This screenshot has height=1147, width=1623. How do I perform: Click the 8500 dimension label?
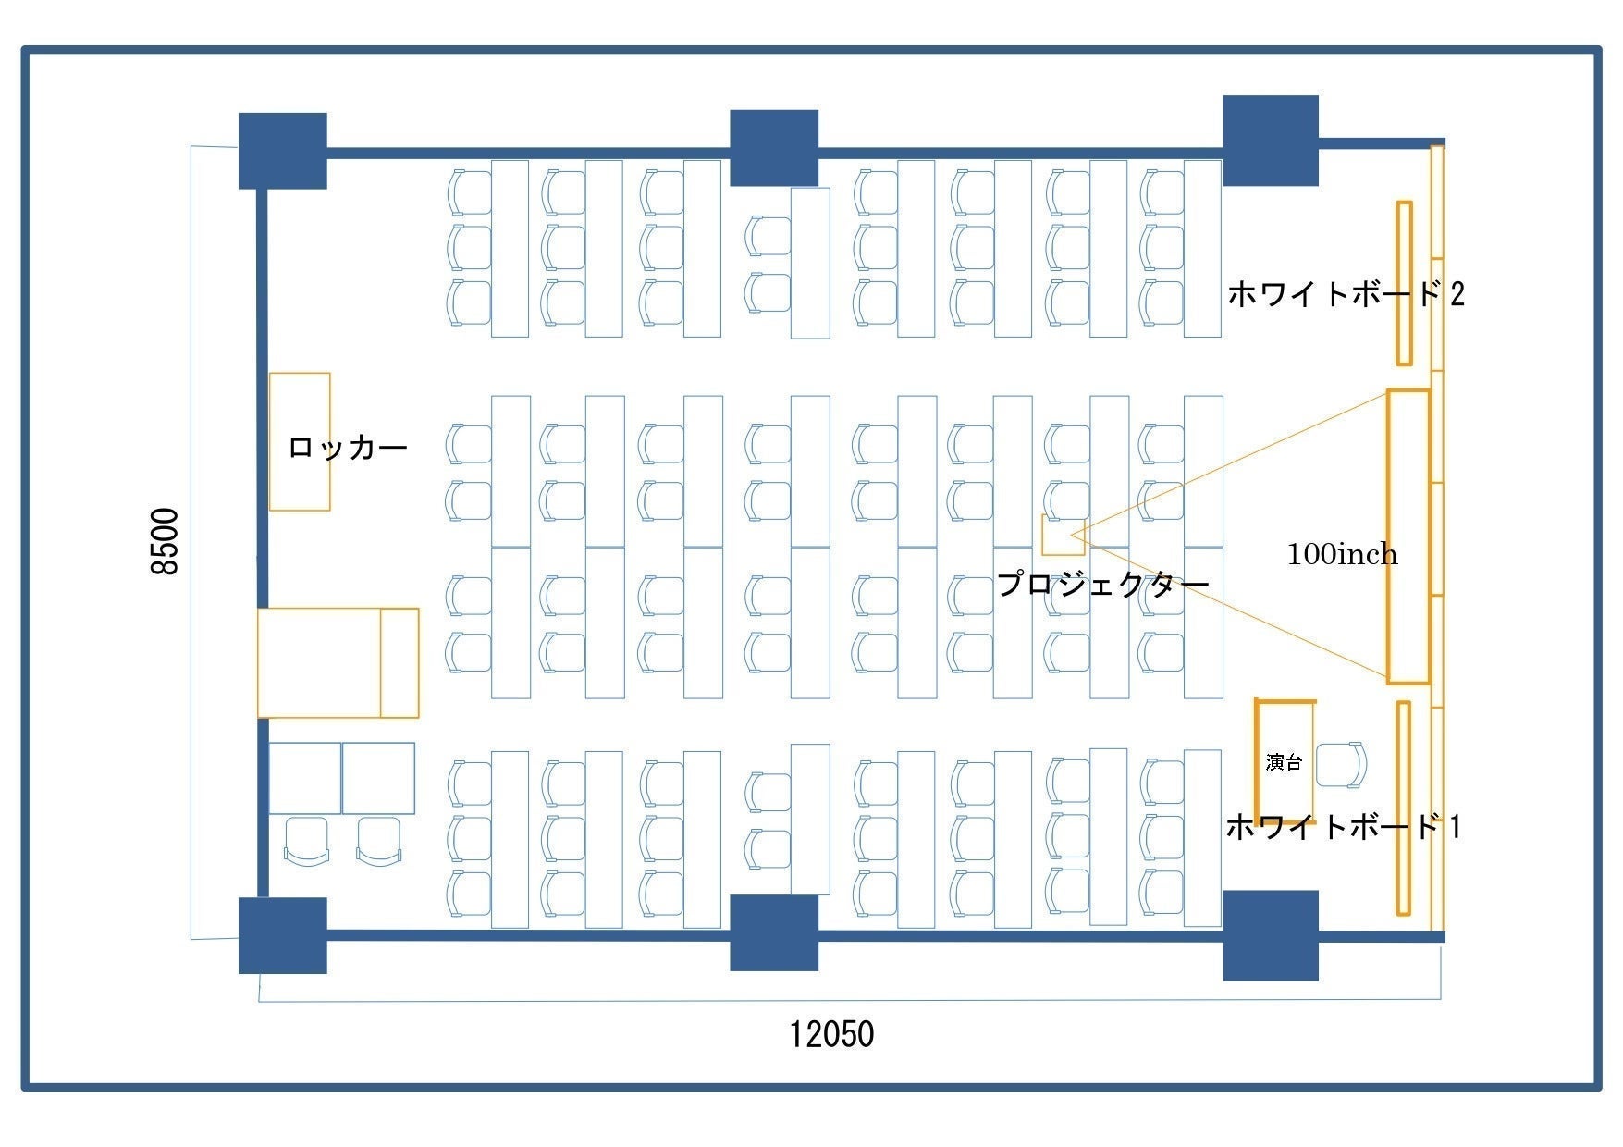click(165, 541)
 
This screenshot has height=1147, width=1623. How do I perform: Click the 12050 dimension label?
click(830, 1033)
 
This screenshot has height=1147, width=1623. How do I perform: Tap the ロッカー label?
click(348, 448)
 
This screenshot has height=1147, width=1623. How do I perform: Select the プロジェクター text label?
click(1102, 584)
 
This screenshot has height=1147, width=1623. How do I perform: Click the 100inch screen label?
click(1342, 554)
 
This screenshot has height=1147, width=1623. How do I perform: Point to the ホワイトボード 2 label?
click(1346, 294)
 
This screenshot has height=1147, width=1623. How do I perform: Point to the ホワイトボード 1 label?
click(1343, 826)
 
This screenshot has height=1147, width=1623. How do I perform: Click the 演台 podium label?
click(1284, 762)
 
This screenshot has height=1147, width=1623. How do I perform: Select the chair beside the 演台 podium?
click(1341, 765)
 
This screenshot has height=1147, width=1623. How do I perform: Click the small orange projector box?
click(1062, 535)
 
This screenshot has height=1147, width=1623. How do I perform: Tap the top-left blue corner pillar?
click(282, 151)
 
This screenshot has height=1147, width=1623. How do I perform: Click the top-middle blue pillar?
click(774, 148)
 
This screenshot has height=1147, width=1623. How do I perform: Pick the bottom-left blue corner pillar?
click(282, 935)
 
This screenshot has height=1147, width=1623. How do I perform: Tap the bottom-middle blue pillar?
click(774, 932)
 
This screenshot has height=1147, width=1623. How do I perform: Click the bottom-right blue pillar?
click(1270, 935)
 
